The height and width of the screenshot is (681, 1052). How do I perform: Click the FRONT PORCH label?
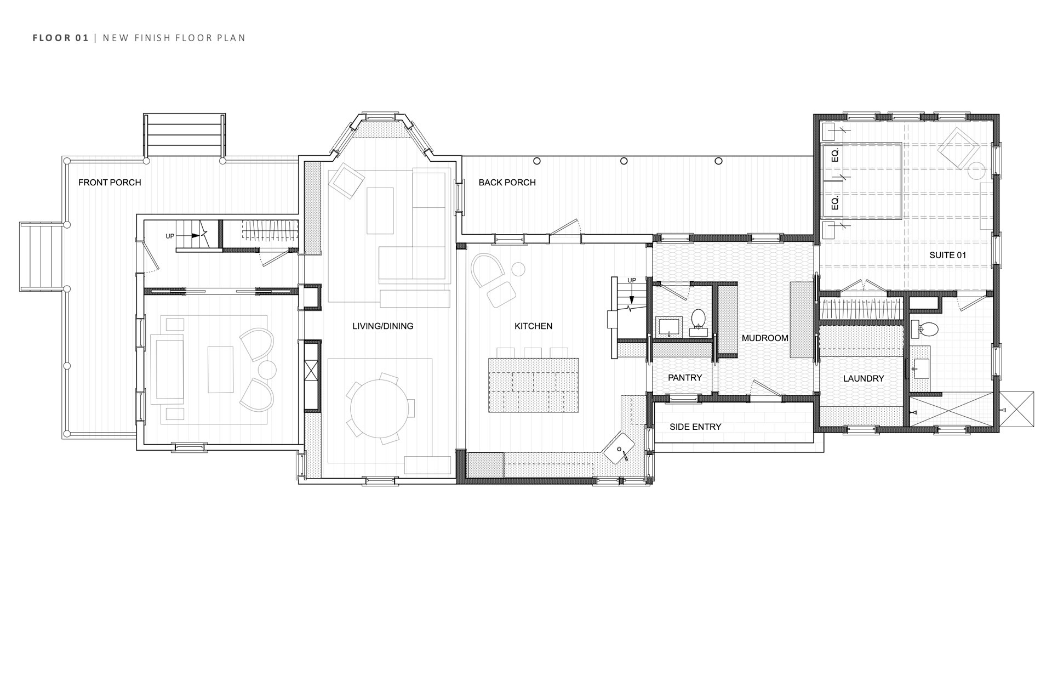[x=110, y=183]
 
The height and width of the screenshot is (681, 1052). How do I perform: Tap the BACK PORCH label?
[x=507, y=183]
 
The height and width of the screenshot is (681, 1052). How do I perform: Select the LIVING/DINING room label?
[x=382, y=326]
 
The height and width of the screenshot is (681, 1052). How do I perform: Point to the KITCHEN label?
[x=533, y=326]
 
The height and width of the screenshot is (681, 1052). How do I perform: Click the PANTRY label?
[x=685, y=378]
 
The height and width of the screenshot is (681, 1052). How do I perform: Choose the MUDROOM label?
[x=765, y=338]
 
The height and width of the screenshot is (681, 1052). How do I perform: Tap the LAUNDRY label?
[x=863, y=379]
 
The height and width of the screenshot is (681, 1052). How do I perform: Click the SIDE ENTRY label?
[x=695, y=427]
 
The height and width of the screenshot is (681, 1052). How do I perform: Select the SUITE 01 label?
[x=947, y=256]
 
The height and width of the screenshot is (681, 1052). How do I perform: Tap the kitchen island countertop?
[x=533, y=385]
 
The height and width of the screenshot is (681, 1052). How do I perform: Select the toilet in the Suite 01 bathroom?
[x=928, y=330]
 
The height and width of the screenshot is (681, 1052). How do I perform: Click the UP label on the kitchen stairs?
[x=632, y=281]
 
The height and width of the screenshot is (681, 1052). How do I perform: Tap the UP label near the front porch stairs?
[x=170, y=236]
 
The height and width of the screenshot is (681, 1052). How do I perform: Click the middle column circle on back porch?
[x=624, y=161]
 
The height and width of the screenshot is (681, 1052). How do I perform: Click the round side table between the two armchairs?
[x=268, y=370]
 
